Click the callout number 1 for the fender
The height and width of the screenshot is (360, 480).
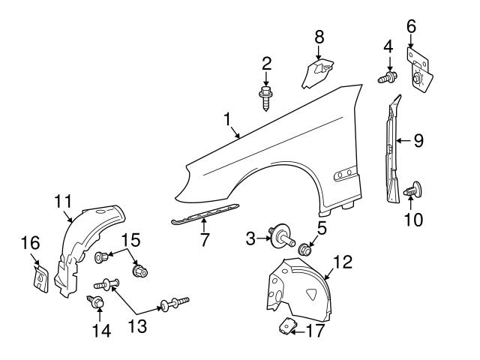pos(226,118)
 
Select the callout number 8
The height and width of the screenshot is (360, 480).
pos(319,36)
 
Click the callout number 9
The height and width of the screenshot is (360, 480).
pos(418,139)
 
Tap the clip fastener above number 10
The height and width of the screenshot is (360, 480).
pos(412,191)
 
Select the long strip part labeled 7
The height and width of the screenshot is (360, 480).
pos(204,215)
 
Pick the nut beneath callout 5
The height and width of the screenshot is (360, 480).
pos(304,249)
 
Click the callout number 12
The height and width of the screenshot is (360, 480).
pos(343,262)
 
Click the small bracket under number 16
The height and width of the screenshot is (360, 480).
pos(39,276)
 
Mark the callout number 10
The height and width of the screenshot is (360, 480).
pos(412,220)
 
